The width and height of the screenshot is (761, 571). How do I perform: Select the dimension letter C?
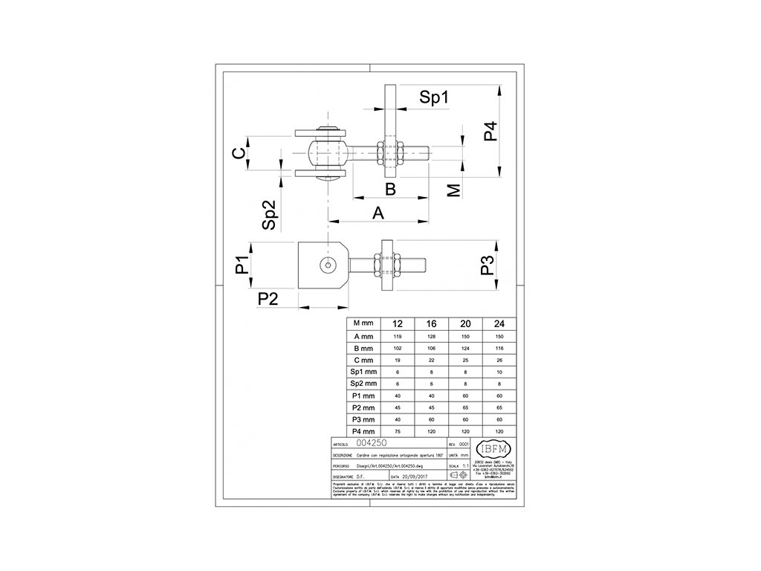click(x=238, y=153)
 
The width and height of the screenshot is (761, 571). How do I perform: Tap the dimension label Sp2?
click(x=271, y=214)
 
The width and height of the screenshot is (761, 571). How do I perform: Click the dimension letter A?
click(x=378, y=213)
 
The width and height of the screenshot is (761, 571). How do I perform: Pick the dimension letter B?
click(x=390, y=188)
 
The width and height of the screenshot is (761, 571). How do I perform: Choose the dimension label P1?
click(x=242, y=265)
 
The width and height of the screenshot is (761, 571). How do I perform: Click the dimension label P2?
click(x=268, y=298)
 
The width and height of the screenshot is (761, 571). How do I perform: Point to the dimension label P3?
click(x=488, y=266)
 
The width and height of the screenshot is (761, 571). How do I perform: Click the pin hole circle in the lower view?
click(x=326, y=265)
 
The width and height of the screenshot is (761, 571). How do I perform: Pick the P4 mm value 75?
click(x=397, y=431)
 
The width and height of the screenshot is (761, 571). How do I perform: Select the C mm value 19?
click(x=397, y=359)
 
